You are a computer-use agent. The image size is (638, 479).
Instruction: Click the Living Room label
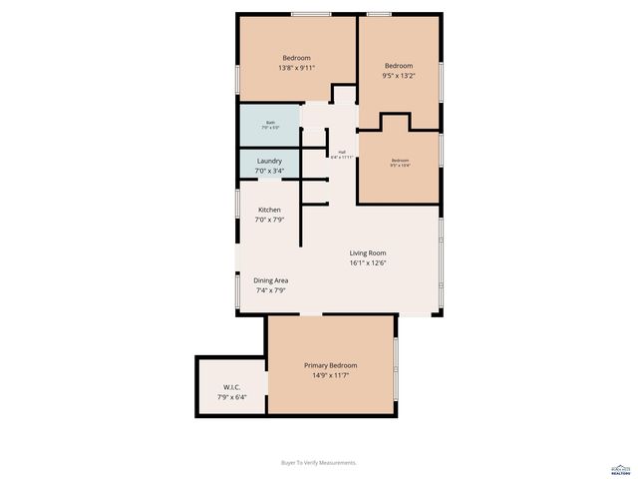click(368, 253)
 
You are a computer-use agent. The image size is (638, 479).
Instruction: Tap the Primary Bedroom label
click(330, 366)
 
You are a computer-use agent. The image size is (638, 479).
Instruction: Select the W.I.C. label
click(229, 387)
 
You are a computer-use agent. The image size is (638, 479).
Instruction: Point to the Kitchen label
click(269, 210)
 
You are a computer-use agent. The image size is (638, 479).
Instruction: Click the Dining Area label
click(270, 280)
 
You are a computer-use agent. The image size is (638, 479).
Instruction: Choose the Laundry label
click(269, 161)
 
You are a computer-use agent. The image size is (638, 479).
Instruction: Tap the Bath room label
click(270, 123)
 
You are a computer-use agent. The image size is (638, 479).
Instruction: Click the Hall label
click(342, 153)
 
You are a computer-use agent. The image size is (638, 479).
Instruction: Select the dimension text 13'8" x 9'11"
click(297, 68)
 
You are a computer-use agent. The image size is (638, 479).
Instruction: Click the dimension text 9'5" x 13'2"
click(400, 75)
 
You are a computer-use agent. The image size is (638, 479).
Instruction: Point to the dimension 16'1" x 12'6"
click(368, 263)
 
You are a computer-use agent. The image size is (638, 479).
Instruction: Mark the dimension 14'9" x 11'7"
click(330, 376)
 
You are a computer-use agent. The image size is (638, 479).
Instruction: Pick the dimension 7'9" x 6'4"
click(229, 397)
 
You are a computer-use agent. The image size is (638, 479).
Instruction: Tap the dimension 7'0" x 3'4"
click(269, 171)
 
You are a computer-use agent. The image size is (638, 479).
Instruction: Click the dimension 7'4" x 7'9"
click(270, 290)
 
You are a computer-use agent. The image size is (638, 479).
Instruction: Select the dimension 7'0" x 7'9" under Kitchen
click(269, 220)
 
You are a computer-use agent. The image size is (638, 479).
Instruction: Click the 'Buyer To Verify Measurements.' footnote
click(319, 462)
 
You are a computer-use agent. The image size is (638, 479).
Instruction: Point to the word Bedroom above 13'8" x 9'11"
click(297, 58)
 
